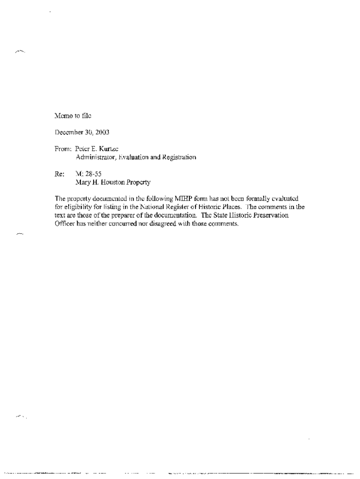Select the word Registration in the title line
[179, 157]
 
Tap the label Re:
[59, 174]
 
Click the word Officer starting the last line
[65, 224]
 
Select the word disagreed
[171, 224]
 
